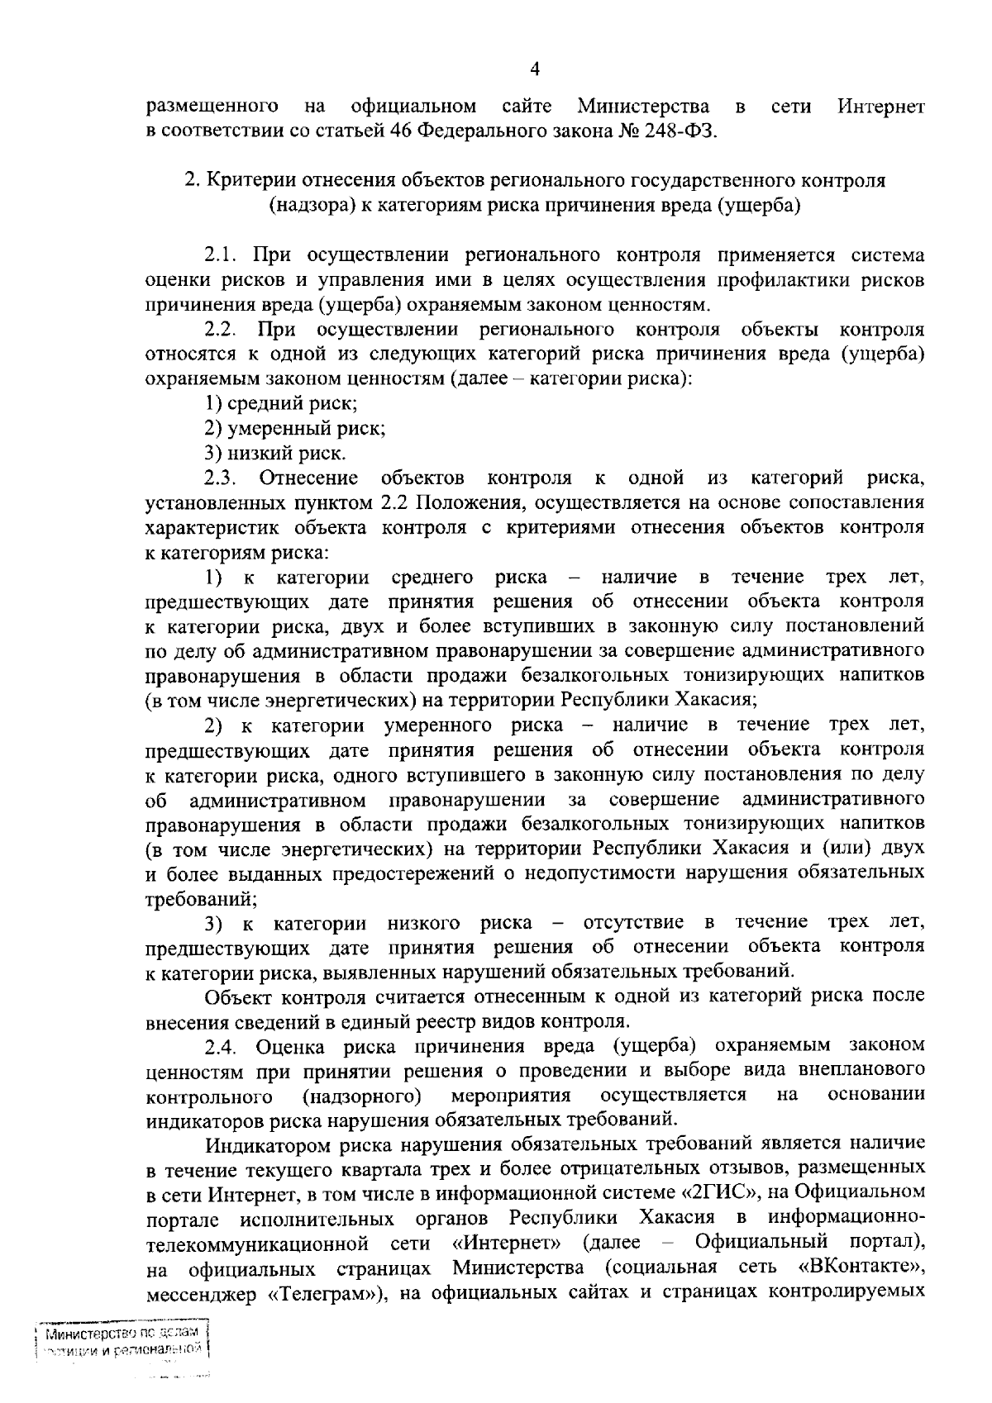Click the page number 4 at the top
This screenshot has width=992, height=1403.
(x=534, y=69)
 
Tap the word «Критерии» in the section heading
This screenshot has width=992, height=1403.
(x=248, y=180)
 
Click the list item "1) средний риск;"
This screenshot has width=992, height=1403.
(x=281, y=404)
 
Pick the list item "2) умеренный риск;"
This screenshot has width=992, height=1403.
(x=295, y=429)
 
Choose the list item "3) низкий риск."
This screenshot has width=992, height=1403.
(x=276, y=453)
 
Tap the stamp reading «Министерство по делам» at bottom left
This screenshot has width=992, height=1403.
(x=122, y=1333)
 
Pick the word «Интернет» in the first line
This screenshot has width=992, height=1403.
(x=880, y=107)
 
